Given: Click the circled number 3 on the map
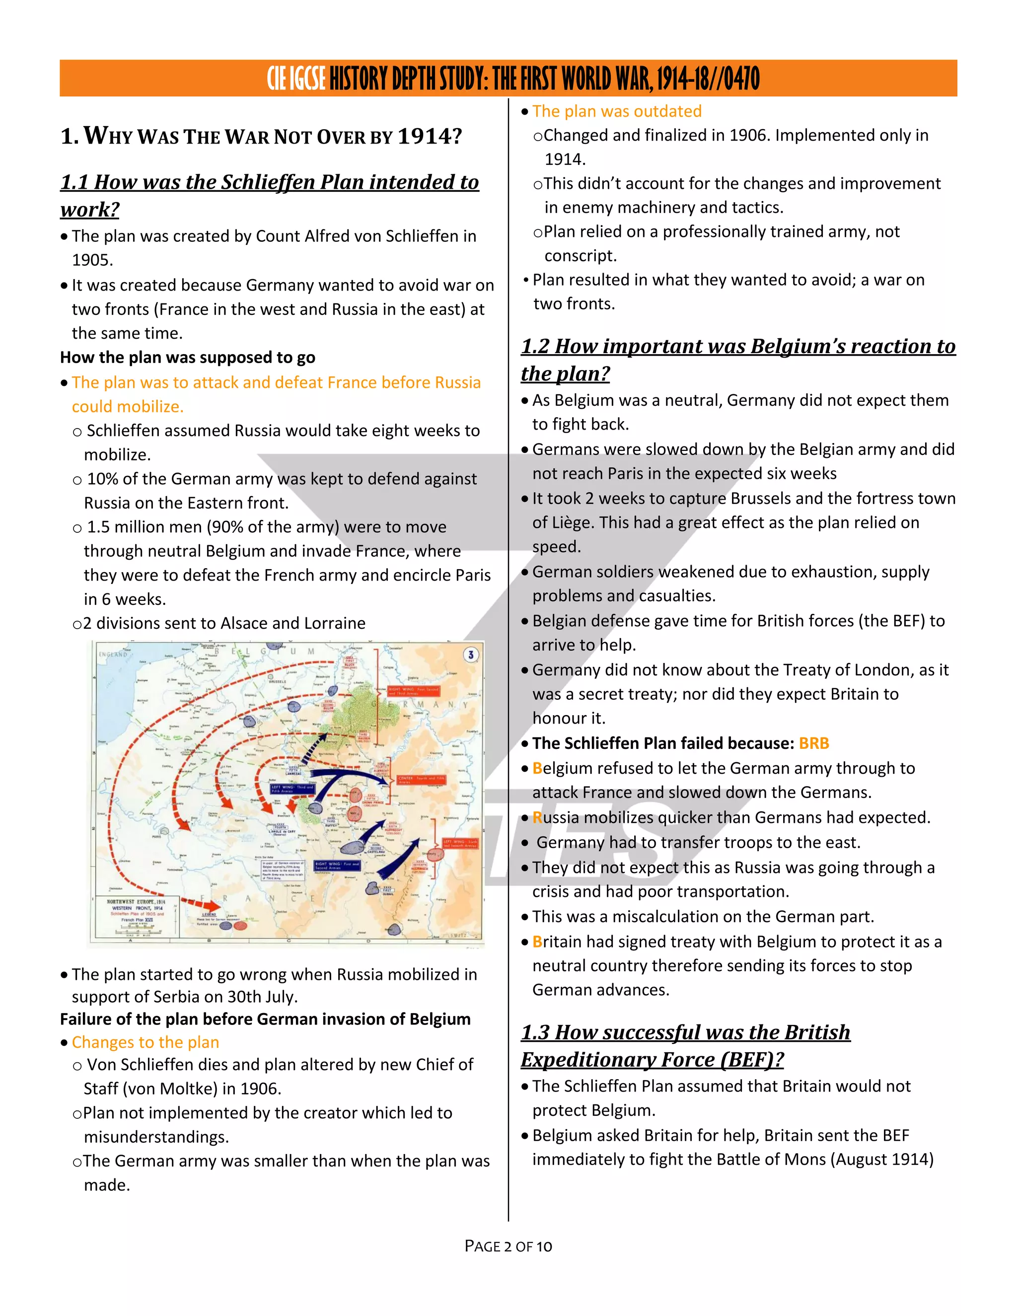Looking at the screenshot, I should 471,655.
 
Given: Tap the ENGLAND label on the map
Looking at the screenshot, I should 113,655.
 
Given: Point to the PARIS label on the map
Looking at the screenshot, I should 156,837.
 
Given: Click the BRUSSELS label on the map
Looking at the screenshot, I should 277,681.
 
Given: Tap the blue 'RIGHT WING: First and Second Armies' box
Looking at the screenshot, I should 336,865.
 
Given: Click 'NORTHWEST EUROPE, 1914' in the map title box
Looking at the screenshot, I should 136,902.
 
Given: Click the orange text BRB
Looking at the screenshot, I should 813,743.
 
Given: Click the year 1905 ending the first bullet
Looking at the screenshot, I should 92,260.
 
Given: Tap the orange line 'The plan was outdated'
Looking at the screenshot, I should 616,111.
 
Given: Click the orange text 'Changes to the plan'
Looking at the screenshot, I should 145,1042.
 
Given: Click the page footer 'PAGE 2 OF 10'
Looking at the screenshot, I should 508,1246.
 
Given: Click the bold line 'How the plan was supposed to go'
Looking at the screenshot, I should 187,358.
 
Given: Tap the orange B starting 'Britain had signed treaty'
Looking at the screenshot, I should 537,942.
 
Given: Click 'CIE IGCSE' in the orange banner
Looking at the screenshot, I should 296,79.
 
